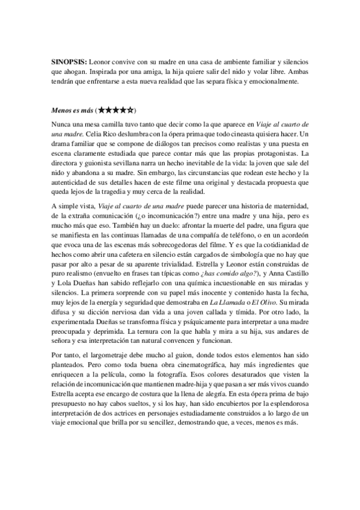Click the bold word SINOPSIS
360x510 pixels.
pyautogui.click(x=69, y=62)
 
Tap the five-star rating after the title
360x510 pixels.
pyautogui.click(x=115, y=111)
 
